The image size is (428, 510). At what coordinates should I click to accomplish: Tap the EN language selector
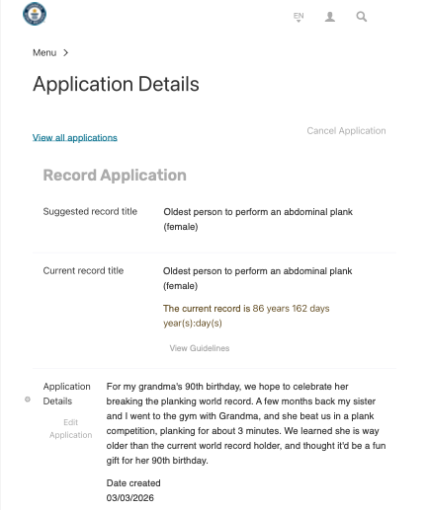299,17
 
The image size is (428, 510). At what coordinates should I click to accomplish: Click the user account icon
330,17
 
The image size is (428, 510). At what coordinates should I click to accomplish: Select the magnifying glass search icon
362,17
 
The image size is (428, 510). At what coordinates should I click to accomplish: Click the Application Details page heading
116,84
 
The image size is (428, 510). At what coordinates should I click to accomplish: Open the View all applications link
75,137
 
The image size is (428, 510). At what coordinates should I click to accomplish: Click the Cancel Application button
346,130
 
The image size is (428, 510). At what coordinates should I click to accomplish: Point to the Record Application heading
115,176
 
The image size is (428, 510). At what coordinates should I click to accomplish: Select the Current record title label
84,270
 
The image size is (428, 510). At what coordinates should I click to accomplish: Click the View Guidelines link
201,348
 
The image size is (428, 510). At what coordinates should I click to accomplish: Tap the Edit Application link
71,428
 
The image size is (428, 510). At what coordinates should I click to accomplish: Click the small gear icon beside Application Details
27,400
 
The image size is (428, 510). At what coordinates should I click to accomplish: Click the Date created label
133,483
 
